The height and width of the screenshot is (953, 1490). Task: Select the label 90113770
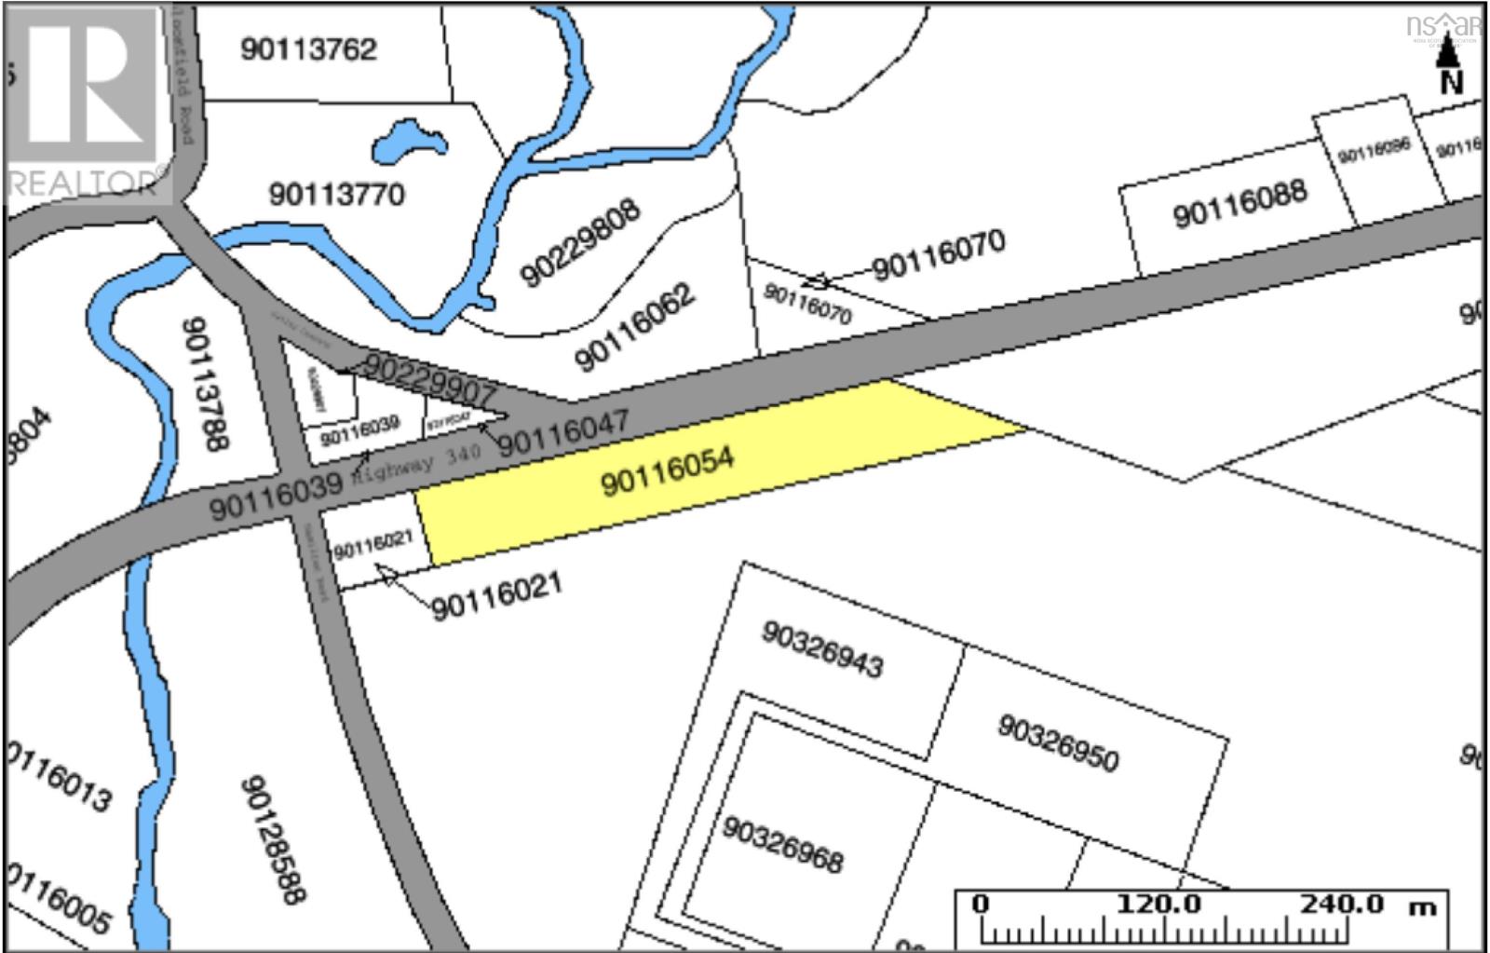pyautogui.click(x=337, y=194)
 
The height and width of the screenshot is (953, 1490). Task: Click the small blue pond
pyautogui.click(x=407, y=143)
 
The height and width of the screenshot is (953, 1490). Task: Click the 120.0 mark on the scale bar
pyautogui.click(x=1158, y=904)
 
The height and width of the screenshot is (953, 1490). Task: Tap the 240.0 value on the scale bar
pyautogui.click(x=1343, y=904)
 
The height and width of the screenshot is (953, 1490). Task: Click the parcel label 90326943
pyautogui.click(x=822, y=649)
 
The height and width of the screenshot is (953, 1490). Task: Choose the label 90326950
pyautogui.click(x=1057, y=742)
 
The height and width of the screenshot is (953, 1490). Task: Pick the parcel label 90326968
pyautogui.click(x=782, y=846)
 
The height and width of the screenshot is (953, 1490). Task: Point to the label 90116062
pyautogui.click(x=634, y=327)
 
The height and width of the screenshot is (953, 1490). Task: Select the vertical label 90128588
pyautogui.click(x=273, y=839)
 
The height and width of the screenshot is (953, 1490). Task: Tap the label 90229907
pyautogui.click(x=428, y=378)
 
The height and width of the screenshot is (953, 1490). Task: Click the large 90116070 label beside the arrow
pyautogui.click(x=939, y=253)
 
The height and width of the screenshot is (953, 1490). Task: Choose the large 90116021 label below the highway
pyautogui.click(x=496, y=595)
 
